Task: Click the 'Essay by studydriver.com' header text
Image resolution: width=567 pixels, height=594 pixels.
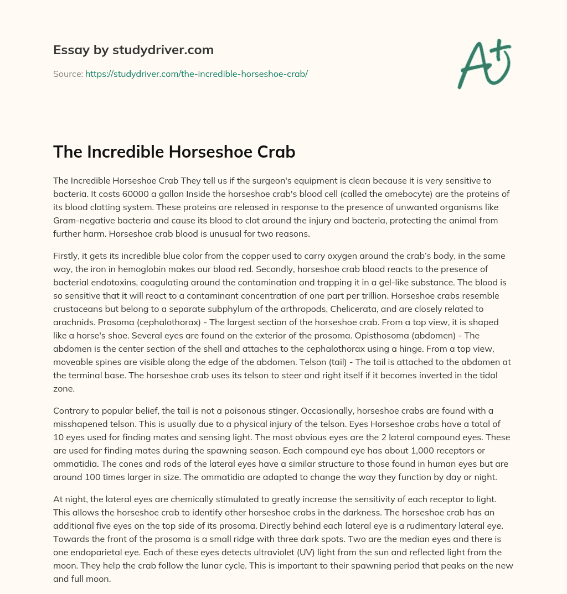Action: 133,50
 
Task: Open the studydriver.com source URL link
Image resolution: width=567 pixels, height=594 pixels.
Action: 196,74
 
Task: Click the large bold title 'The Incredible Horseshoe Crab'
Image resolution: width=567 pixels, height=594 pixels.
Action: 174,152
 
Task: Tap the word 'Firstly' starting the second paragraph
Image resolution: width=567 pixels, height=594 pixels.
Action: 67,256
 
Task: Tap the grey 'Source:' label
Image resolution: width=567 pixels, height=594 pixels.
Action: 68,74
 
